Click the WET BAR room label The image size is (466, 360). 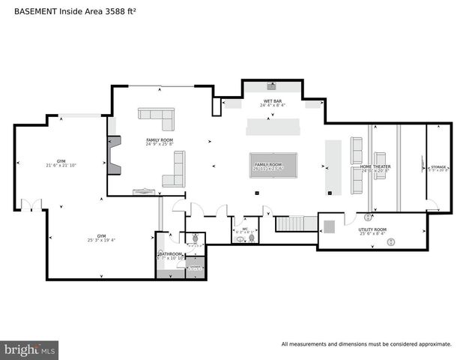(272, 100)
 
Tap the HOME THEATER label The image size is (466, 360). (376, 166)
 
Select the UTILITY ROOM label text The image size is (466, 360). (372, 229)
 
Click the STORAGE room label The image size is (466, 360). (438, 166)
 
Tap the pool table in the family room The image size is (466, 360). (273, 166)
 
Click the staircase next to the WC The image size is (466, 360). (291, 223)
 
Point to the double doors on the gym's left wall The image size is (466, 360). (31, 205)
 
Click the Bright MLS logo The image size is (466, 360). (29, 349)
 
